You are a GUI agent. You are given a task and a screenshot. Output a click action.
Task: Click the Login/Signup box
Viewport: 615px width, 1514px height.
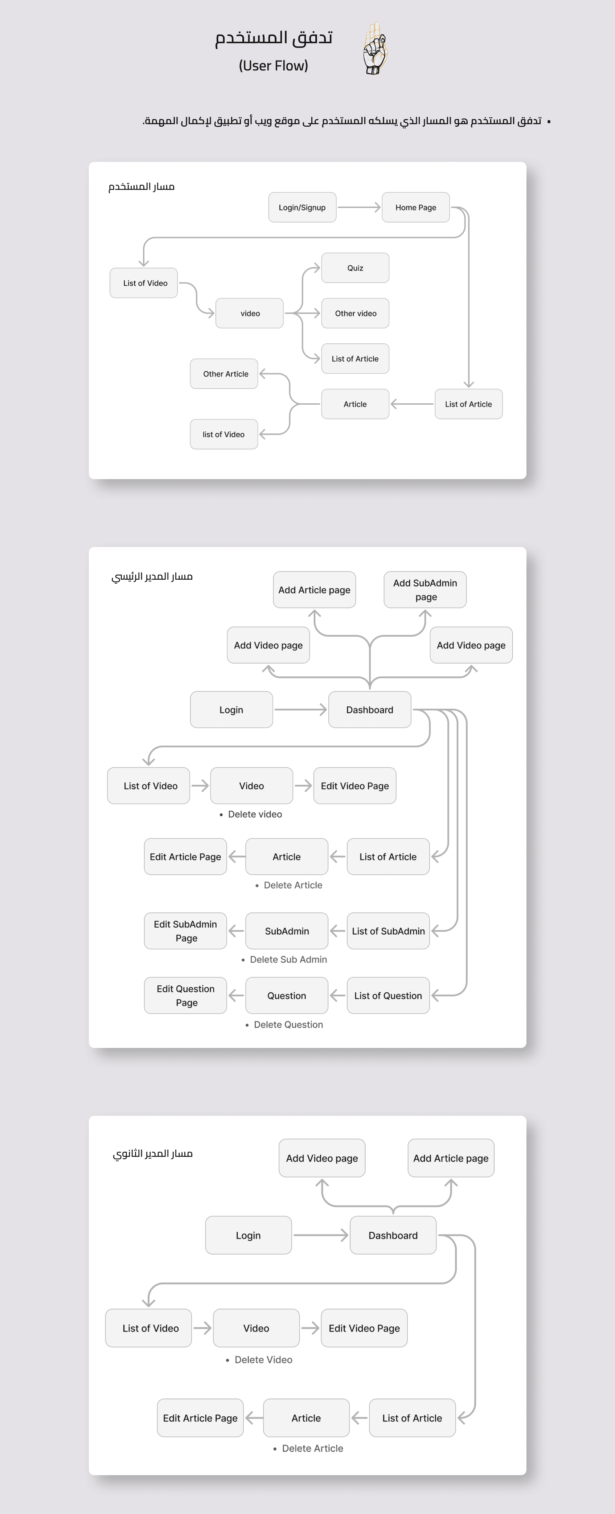pyautogui.click(x=302, y=208)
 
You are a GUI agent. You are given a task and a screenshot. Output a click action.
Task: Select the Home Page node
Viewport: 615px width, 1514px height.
pyautogui.click(x=415, y=208)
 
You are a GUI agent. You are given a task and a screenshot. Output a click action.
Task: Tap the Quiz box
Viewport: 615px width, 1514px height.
pyautogui.click(x=355, y=268)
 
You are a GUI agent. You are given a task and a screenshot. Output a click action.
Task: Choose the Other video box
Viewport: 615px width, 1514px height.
pyautogui.click(x=355, y=313)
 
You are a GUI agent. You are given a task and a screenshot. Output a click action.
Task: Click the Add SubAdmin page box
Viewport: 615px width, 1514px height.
pyautogui.click(x=425, y=589)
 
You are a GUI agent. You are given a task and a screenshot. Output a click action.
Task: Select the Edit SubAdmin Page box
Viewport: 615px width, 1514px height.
pyautogui.click(x=185, y=931)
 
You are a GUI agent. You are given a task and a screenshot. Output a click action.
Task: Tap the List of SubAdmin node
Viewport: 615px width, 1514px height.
pyautogui.click(x=388, y=931)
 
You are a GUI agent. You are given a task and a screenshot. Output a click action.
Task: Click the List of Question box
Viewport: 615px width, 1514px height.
pyautogui.click(x=388, y=996)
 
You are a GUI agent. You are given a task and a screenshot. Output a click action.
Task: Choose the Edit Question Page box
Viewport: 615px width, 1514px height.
pyautogui.click(x=185, y=996)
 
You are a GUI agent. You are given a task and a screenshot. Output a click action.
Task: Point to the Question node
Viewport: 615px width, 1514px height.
pyautogui.click(x=287, y=996)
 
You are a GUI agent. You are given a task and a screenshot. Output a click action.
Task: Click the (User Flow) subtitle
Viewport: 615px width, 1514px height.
pyautogui.click(x=273, y=66)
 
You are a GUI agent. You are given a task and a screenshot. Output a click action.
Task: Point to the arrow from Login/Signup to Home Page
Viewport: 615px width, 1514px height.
pyautogui.click(x=359, y=208)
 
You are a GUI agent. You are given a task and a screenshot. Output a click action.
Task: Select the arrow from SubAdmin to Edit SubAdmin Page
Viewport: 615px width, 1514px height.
pyautogui.click(x=236, y=931)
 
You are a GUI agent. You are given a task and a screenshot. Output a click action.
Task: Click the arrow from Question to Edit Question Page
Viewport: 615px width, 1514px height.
pyautogui.click(x=236, y=996)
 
